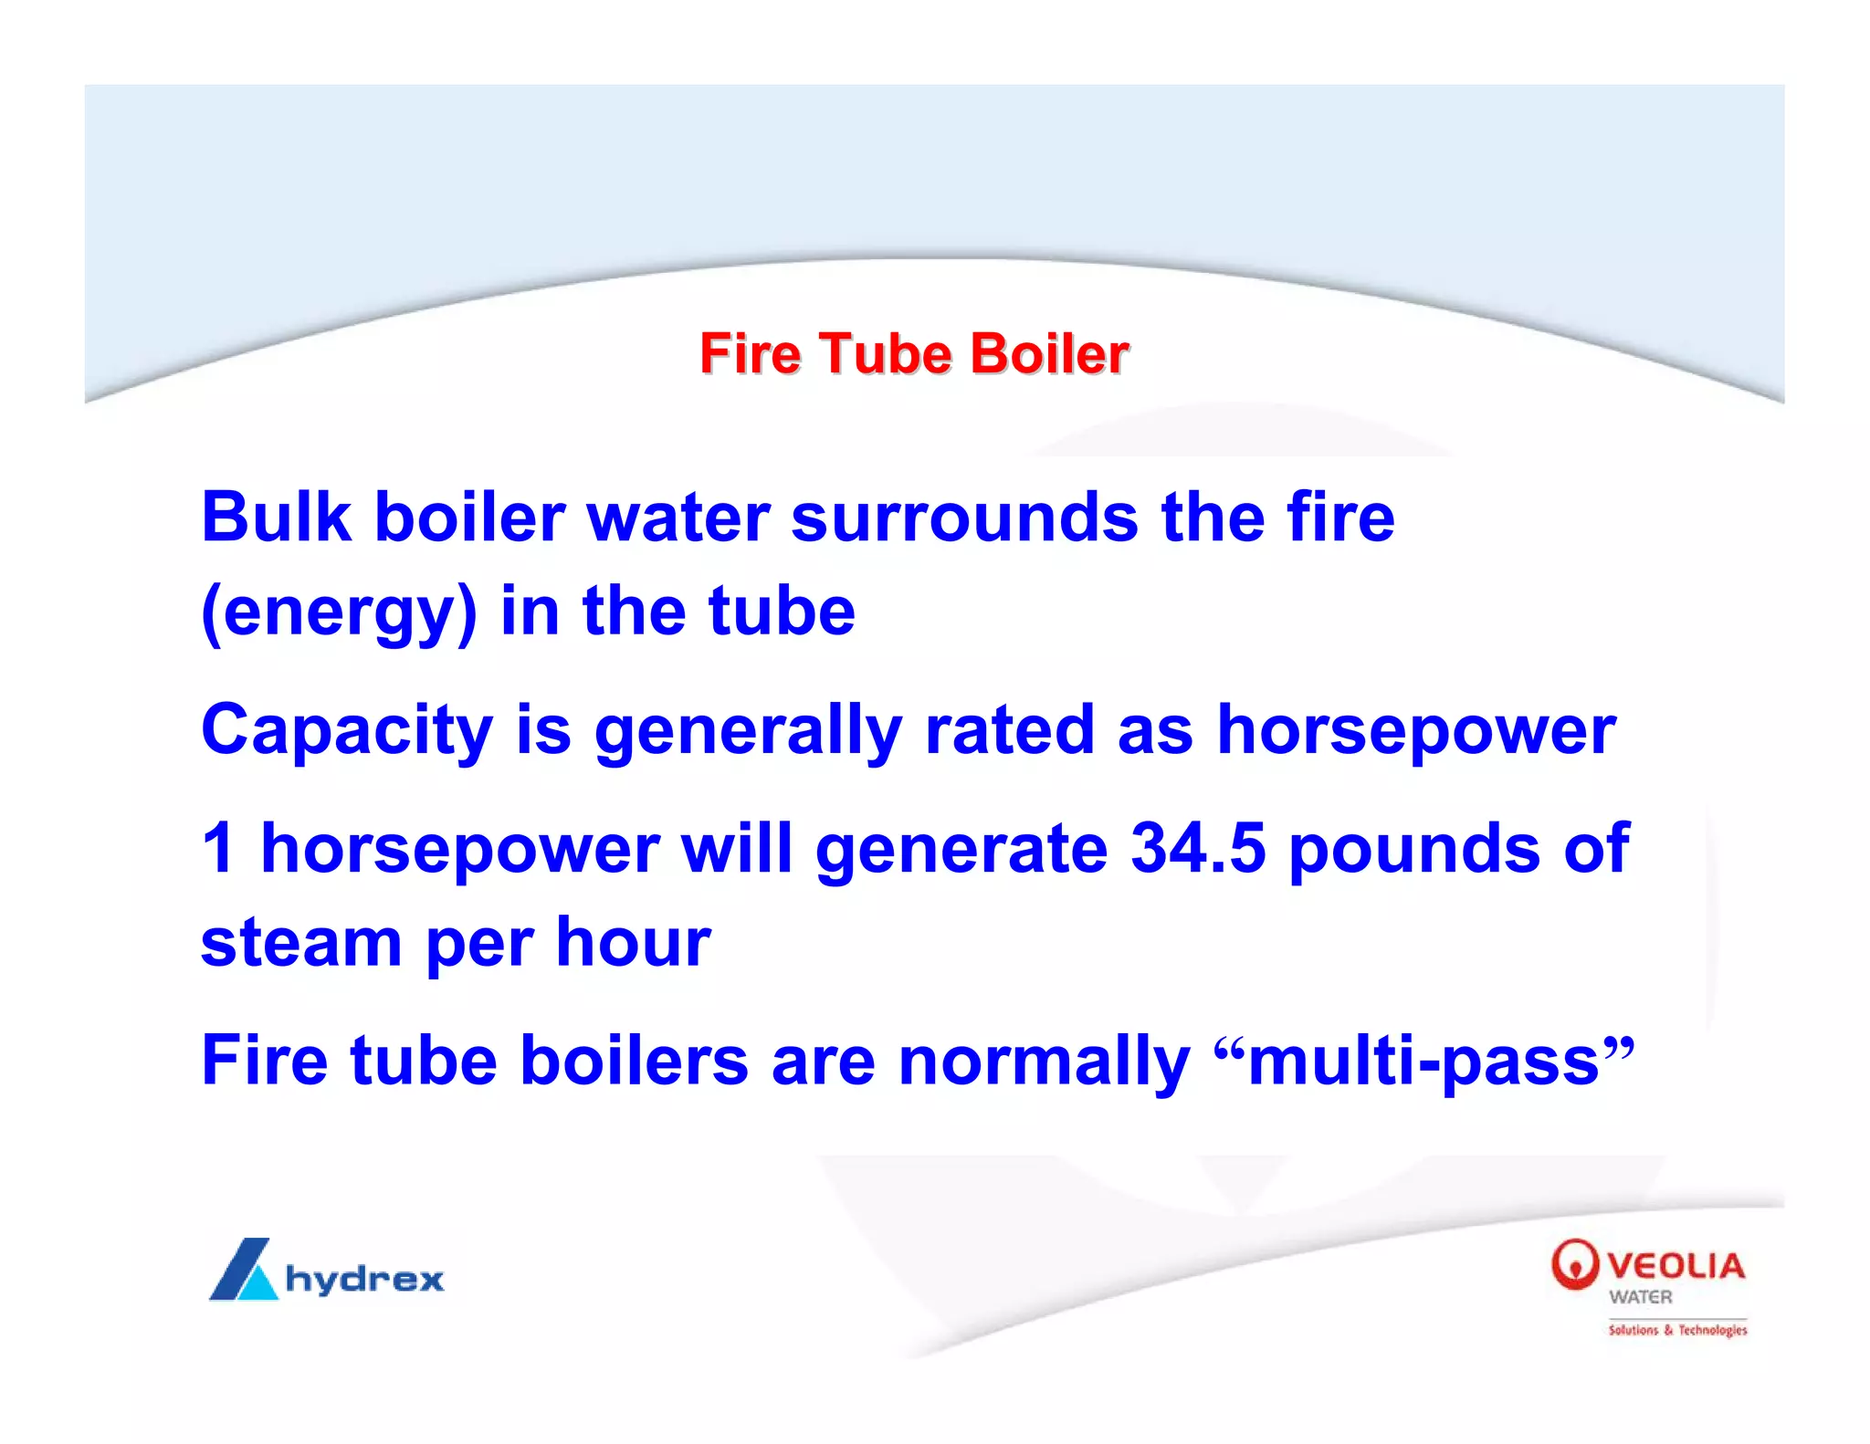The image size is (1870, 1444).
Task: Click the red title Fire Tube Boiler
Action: (914, 354)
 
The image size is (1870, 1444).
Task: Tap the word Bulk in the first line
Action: (276, 518)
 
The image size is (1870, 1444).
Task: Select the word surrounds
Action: (964, 518)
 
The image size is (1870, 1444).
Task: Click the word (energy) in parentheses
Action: (339, 613)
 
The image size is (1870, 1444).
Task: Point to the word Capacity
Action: (347, 732)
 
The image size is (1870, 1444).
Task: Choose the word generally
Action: (748, 732)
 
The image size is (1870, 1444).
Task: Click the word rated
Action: (1009, 730)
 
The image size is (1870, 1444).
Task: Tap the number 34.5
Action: (1198, 849)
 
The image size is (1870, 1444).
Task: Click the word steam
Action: (301, 943)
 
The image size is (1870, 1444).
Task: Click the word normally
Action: (1044, 1062)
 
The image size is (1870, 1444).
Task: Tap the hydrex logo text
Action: (364, 1279)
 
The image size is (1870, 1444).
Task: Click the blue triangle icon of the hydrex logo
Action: (243, 1270)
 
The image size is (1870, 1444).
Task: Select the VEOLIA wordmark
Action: (1676, 1265)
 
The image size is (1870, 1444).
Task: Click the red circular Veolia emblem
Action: (1574, 1264)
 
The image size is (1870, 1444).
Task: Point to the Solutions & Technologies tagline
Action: (1677, 1330)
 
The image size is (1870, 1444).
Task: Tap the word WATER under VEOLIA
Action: (1641, 1297)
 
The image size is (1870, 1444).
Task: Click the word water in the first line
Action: (678, 518)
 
